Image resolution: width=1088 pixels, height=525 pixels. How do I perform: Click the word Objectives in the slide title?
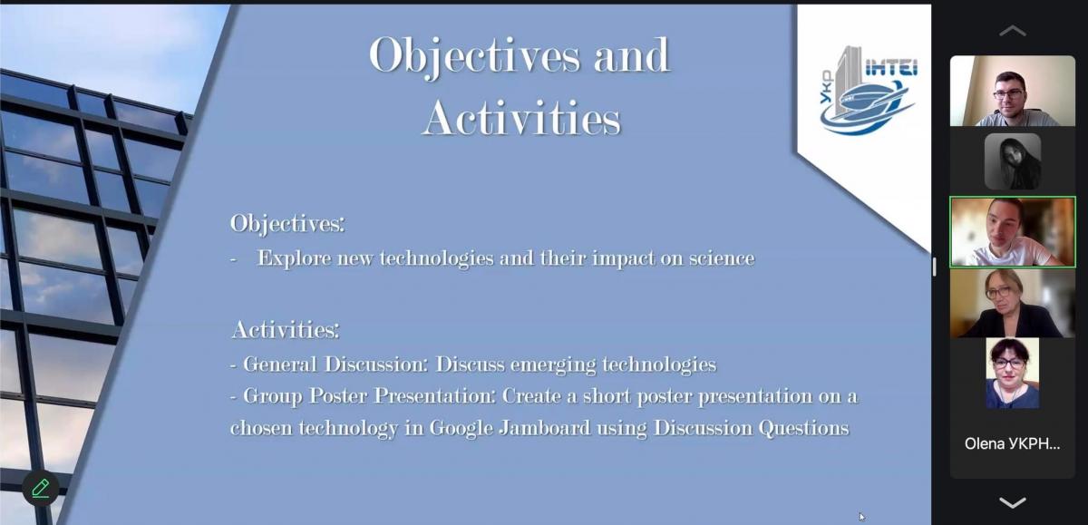coord(474,56)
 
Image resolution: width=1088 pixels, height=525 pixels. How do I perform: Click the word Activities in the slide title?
coord(521,118)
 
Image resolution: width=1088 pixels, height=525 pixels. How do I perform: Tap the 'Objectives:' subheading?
coord(287,224)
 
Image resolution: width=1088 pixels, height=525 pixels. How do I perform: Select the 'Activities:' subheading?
coord(286,330)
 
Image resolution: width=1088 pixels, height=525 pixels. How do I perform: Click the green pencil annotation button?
coord(41,488)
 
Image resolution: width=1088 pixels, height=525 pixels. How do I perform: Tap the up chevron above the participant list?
coord(1013,32)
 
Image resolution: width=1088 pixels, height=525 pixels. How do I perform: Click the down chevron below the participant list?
coord(1013,502)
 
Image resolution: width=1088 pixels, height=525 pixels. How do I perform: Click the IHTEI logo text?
coord(891,67)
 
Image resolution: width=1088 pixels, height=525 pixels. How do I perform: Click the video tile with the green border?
coord(1013,232)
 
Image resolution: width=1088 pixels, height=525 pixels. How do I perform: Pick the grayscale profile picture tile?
coord(1013,161)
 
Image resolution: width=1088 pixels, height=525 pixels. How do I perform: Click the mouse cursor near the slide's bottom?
coord(861,517)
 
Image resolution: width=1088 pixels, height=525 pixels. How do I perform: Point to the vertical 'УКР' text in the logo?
coord(826,87)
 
